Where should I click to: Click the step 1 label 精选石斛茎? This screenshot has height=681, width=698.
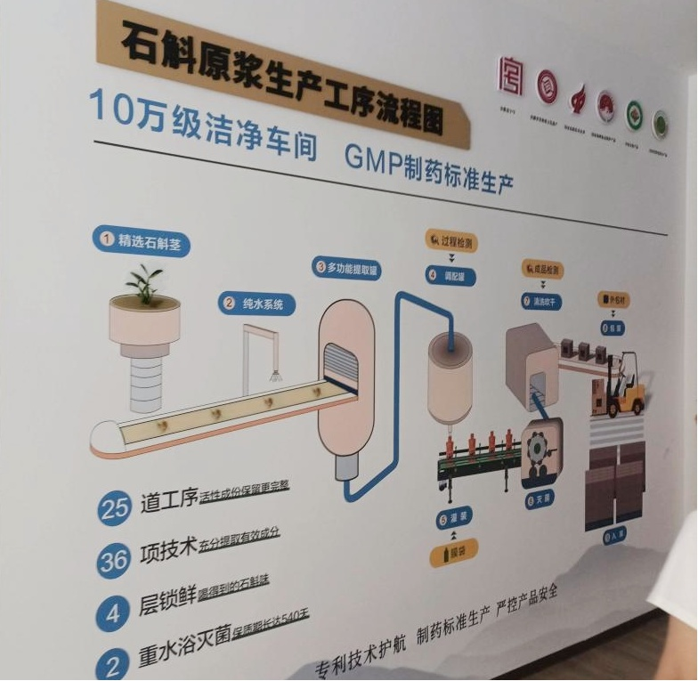pos(142,239)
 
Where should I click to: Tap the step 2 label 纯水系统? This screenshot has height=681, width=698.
pos(256,304)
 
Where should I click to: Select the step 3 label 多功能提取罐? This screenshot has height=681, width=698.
pos(347,266)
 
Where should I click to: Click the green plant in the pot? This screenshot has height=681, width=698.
pos(144,284)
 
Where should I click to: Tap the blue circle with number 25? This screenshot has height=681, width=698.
pos(115,508)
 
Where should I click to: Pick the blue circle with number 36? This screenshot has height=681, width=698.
pos(113,562)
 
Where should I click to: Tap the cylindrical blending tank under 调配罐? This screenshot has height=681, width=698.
pos(450,375)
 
